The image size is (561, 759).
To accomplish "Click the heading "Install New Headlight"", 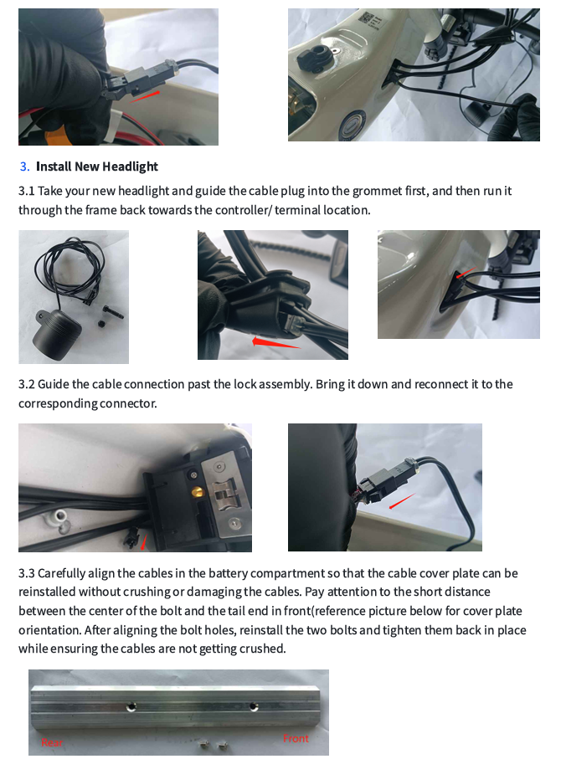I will [x=96, y=167].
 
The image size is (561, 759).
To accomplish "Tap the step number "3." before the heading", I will [x=25, y=167].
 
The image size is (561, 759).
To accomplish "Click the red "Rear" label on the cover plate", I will [x=52, y=742].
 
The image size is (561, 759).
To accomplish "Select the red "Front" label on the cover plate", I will [x=296, y=738].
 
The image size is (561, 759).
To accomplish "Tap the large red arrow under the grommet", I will [x=275, y=341].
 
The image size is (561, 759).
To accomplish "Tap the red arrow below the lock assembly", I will [x=143, y=541].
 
